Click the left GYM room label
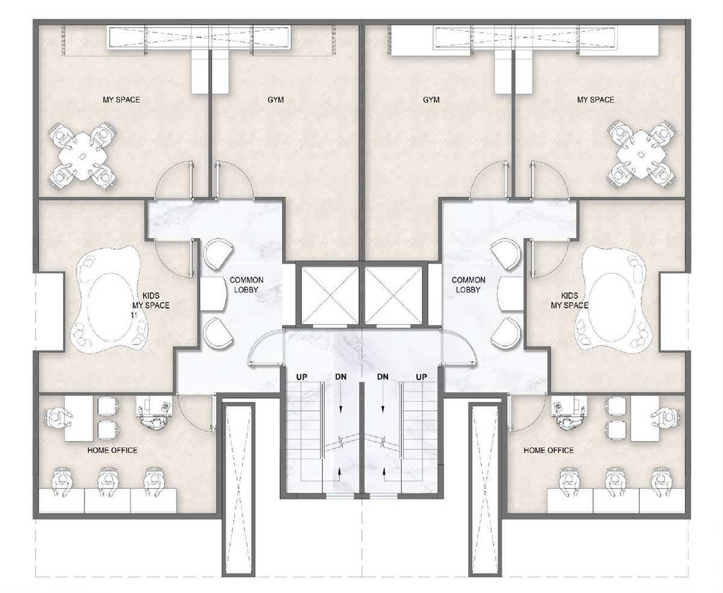(x=275, y=100)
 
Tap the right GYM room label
(x=431, y=100)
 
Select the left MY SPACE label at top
(x=121, y=100)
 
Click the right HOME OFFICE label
(x=548, y=450)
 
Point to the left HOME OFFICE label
(x=113, y=450)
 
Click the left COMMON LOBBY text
(x=246, y=285)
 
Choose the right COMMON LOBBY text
(x=468, y=285)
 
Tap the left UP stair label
(x=301, y=377)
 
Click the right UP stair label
(x=421, y=377)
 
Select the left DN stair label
(x=341, y=377)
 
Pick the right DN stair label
(x=383, y=377)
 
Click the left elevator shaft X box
(x=329, y=296)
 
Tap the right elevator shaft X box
(x=393, y=296)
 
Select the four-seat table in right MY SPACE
(x=642, y=154)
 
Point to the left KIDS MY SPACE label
(x=151, y=300)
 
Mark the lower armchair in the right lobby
(x=505, y=333)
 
